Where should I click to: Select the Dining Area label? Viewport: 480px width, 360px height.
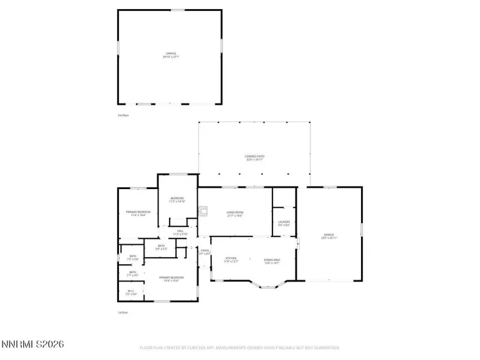(272, 260)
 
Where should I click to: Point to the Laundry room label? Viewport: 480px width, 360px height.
(284, 223)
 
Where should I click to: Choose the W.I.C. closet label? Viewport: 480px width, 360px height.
(130, 292)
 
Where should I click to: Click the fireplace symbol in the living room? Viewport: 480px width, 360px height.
(204, 210)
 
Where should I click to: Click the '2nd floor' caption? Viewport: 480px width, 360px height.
(123, 115)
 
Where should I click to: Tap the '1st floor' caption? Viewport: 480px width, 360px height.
(123, 312)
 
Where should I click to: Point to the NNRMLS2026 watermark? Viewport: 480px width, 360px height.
(32, 346)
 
